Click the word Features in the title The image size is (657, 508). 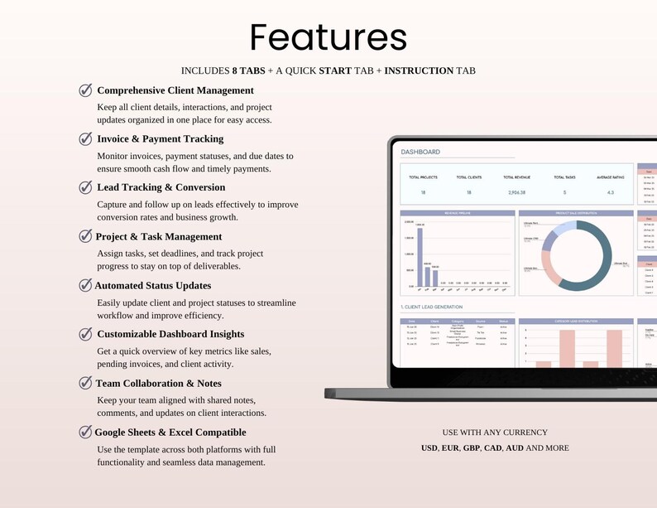point(328,37)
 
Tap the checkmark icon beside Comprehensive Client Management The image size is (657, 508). point(85,90)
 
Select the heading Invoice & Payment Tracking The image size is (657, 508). point(161,138)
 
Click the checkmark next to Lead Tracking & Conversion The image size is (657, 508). point(85,187)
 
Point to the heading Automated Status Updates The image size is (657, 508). point(153,285)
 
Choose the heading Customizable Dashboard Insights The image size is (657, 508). point(170,334)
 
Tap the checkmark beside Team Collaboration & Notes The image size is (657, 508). point(85,383)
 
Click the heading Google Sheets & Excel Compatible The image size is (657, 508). point(170,432)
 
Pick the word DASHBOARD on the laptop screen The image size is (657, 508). point(420,152)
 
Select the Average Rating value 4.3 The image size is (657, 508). point(610,191)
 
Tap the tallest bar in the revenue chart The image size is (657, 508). point(420,256)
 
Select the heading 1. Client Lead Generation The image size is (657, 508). point(432,307)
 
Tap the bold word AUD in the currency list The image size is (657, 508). point(514,448)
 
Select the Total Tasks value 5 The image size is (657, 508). point(564,191)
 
